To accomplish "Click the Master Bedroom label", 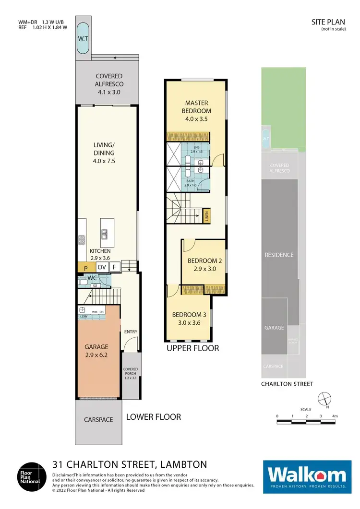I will pyautogui.click(x=198, y=111).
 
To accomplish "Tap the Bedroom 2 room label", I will pyautogui.click(x=202, y=264).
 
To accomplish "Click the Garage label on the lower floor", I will pyautogui.click(x=97, y=351).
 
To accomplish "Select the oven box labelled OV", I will pyautogui.click(x=102, y=267).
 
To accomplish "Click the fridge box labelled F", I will pyautogui.click(x=114, y=267).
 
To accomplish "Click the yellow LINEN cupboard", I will pyautogui.click(x=206, y=217).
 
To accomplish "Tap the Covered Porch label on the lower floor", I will pyautogui.click(x=130, y=374).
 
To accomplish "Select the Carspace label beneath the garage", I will pyautogui.click(x=98, y=419).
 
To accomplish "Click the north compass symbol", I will pyautogui.click(x=324, y=398).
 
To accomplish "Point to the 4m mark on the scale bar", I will pyautogui.click(x=335, y=416).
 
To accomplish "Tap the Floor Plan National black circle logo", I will pyautogui.click(x=33, y=475).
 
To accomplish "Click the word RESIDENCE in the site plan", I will pyautogui.click(x=279, y=255).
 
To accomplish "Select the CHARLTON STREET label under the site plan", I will pyautogui.click(x=287, y=384).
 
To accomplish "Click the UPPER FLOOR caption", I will pyautogui.click(x=192, y=348).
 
